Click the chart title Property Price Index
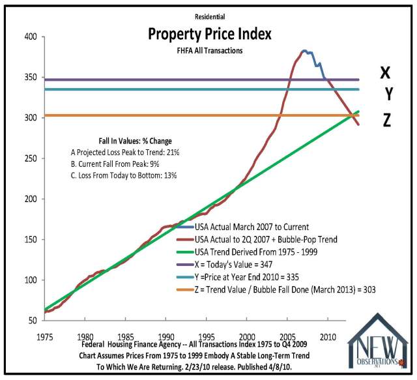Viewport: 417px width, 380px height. click(209, 33)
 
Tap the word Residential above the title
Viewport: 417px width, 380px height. click(209, 16)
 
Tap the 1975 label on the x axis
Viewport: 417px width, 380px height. click(44, 337)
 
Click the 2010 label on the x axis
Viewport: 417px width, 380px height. click(328, 337)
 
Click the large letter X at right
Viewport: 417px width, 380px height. click(386, 73)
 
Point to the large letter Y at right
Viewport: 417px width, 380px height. click(388, 95)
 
